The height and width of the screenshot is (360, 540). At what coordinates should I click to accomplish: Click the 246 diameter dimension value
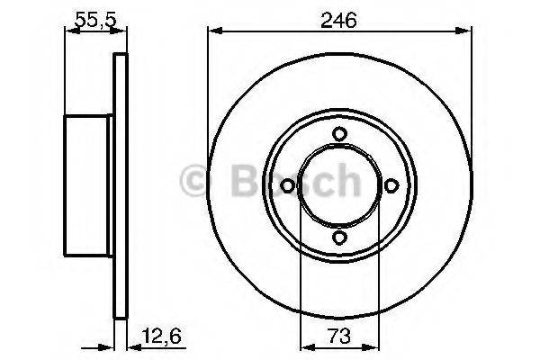point(338,21)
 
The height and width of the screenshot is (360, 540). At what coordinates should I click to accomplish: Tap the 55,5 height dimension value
point(95,20)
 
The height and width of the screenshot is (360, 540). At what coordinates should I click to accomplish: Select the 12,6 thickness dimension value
point(161,336)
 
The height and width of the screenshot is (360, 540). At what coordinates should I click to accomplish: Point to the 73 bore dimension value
point(339,336)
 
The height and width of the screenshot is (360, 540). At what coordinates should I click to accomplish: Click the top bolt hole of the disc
point(339,134)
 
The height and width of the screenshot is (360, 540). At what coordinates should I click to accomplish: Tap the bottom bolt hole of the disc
point(339,238)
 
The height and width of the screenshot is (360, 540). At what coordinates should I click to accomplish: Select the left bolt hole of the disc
point(287,185)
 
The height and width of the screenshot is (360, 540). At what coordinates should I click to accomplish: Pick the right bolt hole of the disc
point(391,185)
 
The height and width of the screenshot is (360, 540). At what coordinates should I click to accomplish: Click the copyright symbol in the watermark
point(194,180)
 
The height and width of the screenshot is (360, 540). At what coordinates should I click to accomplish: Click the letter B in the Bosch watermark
point(246,180)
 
